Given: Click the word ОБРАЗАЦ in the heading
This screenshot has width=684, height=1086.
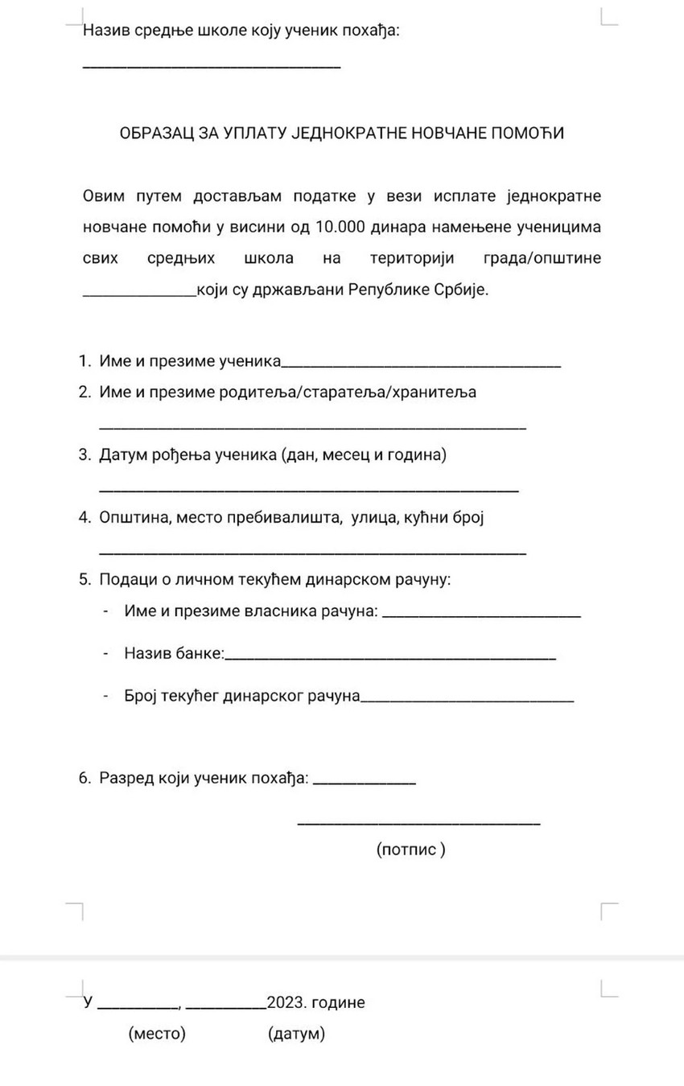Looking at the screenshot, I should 156,133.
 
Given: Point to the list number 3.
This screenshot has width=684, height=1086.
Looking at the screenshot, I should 84,455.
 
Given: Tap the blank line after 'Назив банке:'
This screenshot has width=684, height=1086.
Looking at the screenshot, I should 390,659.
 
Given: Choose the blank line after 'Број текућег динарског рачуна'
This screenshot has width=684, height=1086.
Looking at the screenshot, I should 468,700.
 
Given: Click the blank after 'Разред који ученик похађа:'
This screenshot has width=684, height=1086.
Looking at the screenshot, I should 364,783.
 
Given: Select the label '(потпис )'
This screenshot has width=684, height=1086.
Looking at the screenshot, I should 410,849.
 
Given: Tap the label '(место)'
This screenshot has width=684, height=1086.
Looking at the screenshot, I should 157,1034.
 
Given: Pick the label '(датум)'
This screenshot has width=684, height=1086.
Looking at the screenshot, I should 296,1034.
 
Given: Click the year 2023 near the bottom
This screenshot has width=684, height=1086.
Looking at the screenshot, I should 286,1002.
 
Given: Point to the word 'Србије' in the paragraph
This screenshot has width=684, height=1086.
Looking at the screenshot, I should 463,290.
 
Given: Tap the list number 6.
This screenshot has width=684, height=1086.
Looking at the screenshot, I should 84,778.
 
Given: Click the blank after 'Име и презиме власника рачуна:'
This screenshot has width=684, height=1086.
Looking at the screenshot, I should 481,616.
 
